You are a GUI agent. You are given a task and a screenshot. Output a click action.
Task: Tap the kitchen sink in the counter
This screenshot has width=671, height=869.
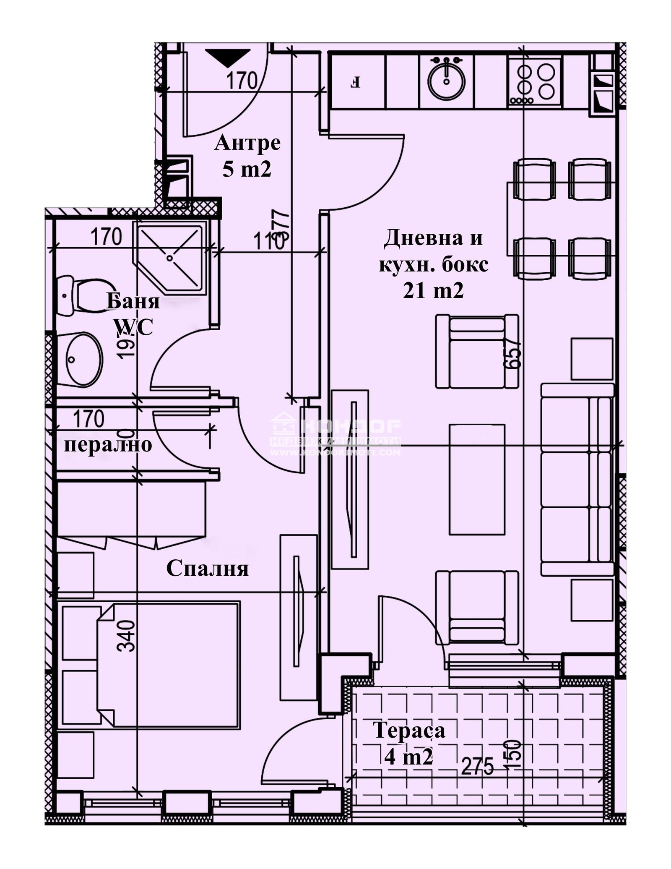447,79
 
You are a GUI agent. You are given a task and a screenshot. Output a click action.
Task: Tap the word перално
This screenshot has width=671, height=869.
108,444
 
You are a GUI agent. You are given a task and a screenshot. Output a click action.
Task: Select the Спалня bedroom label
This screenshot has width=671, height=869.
208,569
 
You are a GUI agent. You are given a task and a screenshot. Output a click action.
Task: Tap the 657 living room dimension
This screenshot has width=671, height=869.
515,353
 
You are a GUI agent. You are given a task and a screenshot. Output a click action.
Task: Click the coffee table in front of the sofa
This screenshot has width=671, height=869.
477,480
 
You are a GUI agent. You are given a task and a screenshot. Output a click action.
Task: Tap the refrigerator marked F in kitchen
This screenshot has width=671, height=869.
356,81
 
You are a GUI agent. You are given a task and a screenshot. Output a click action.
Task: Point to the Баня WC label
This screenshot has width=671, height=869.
133,314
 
